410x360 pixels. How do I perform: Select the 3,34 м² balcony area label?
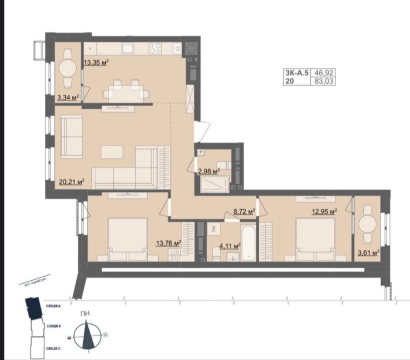click(68, 97)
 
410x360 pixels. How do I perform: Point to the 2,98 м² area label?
click(208, 171)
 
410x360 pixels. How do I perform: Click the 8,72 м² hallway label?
click(244, 212)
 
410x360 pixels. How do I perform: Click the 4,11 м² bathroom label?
click(229, 246)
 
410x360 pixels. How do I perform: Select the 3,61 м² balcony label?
click(368, 253)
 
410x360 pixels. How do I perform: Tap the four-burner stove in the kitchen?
click(155, 49)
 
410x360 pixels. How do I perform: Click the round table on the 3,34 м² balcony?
click(68, 69)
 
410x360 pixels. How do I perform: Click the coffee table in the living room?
click(112, 152)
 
